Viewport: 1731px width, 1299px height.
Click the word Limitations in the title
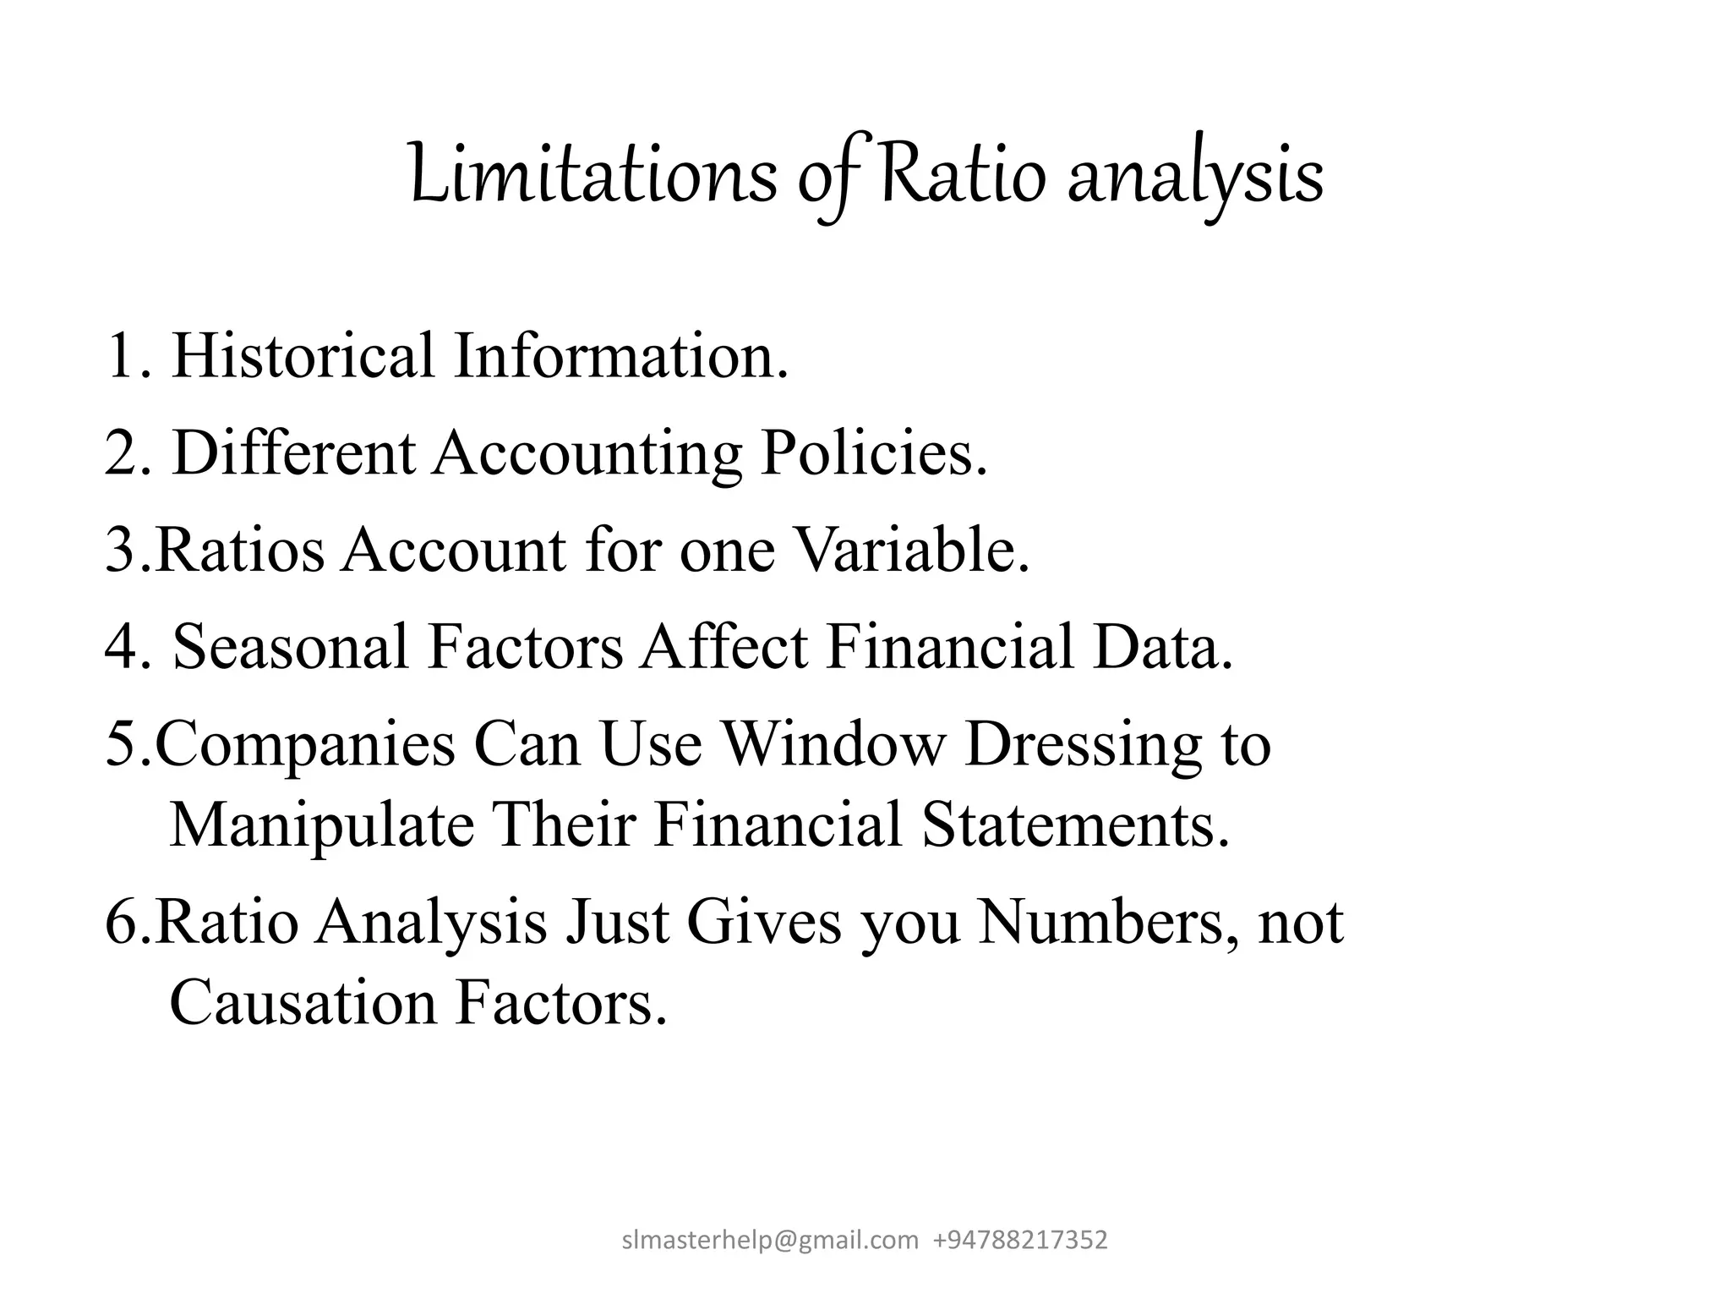click(592, 176)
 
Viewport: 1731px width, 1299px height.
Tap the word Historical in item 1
click(303, 356)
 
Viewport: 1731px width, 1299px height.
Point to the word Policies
click(873, 453)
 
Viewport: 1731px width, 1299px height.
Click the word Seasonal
click(291, 647)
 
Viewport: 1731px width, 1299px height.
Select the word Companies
click(305, 745)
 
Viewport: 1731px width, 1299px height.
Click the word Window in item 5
click(833, 743)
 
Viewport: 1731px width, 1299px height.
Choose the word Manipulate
click(322, 825)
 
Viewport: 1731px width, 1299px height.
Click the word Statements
click(1075, 825)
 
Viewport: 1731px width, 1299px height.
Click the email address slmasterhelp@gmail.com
click(770, 1241)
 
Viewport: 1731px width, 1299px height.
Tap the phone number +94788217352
click(1020, 1241)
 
